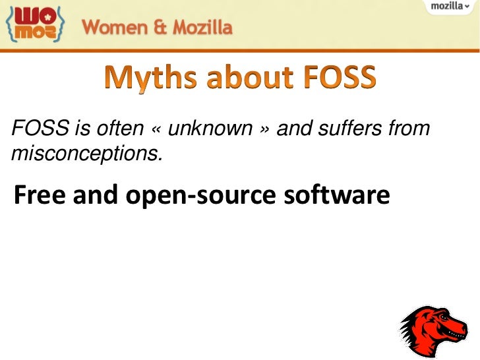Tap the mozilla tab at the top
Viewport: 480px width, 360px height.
point(451,7)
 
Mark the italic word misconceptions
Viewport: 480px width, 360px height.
point(85,153)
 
